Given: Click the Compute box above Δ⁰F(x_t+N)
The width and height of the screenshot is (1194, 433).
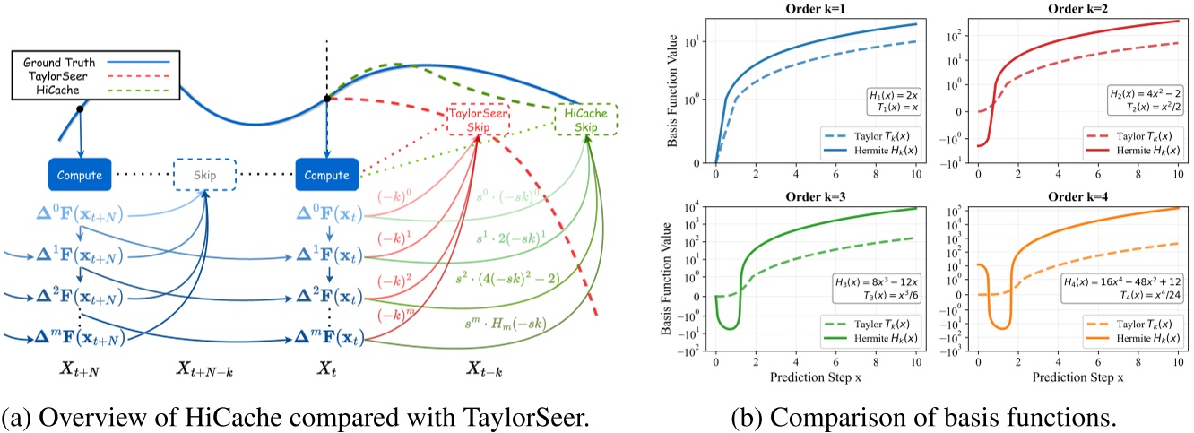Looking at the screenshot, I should pyautogui.click(x=80, y=175).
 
